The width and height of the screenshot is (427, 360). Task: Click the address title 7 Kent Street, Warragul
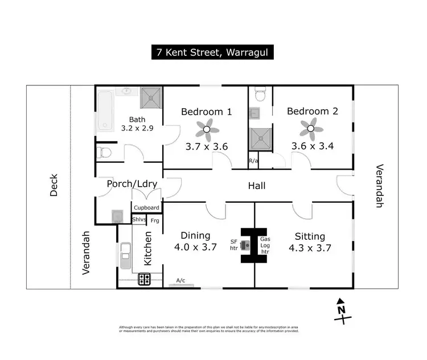point(213,52)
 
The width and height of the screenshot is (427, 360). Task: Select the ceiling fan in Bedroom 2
point(311,129)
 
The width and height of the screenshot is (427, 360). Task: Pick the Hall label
point(256,186)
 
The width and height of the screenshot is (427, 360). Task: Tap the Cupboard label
point(146,207)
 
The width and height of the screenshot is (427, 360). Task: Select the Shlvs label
point(139,219)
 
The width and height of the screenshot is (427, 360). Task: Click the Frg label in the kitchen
point(155,220)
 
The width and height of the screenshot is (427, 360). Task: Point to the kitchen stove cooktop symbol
point(144,279)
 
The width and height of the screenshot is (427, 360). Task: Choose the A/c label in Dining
point(180,280)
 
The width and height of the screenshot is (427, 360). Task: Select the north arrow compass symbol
point(341,310)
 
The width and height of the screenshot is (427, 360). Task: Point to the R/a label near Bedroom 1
point(253,161)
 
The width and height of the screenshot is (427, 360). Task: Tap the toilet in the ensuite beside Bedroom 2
point(260,95)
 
